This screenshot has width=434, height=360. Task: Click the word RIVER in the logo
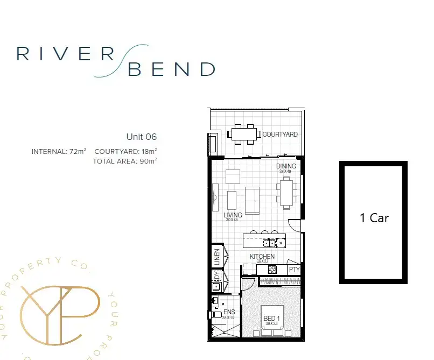point(65,54)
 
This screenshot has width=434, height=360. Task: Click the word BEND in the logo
point(172,69)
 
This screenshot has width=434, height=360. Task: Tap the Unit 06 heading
point(141,137)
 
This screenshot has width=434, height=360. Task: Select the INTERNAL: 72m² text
point(59,152)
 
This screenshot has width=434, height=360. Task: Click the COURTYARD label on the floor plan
point(280,135)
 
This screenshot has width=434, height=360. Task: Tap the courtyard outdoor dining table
point(243,133)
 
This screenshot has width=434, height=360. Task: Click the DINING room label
point(286,166)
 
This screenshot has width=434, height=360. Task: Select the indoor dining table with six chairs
point(287,192)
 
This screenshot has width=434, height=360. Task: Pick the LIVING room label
point(233,215)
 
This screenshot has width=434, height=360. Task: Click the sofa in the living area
point(252,199)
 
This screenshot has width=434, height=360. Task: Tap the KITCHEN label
point(262,257)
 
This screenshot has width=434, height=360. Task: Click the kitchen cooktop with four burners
point(272,269)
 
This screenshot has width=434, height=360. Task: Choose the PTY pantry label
point(294,270)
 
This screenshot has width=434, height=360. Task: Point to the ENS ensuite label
point(229,312)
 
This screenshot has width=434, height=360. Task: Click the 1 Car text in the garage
point(374,218)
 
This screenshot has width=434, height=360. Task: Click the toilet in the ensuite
point(217,314)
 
